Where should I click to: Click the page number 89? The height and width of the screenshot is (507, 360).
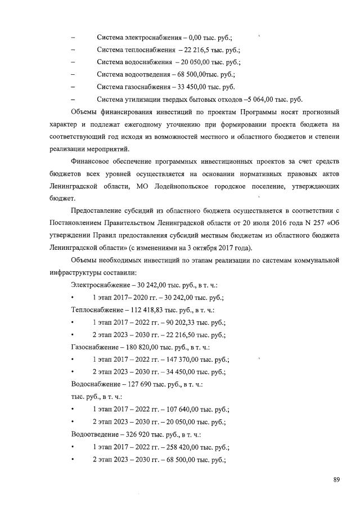tap(336, 479)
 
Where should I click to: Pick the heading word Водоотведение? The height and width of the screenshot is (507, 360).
tap(96, 434)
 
